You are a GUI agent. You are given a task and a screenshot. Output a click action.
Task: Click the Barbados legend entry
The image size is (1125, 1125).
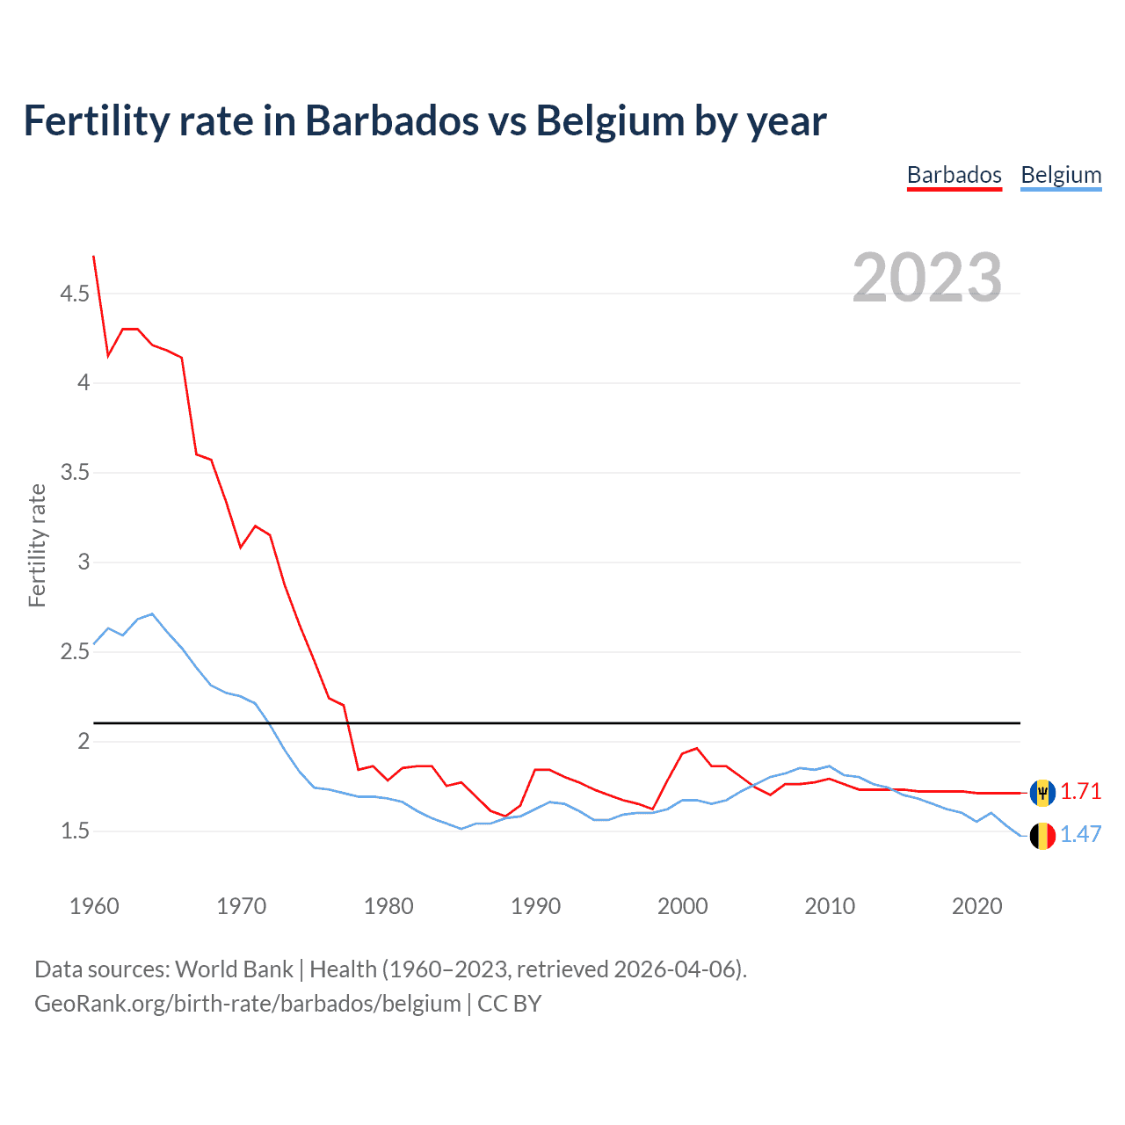(x=954, y=175)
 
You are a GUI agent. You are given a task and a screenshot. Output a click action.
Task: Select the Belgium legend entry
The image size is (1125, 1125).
(x=1061, y=175)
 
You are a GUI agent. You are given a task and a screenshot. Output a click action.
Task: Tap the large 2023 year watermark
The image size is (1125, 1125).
(x=926, y=278)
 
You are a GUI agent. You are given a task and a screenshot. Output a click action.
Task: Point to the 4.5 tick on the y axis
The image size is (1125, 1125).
(x=75, y=294)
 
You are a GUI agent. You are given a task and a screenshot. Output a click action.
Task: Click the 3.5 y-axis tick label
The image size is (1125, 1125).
(x=75, y=473)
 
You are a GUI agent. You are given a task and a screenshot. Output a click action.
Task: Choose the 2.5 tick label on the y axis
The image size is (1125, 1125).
(x=75, y=652)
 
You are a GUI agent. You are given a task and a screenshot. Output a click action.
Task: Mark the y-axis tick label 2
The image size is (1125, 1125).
(x=84, y=742)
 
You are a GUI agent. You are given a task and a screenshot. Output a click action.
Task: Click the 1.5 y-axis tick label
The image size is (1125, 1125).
(x=75, y=831)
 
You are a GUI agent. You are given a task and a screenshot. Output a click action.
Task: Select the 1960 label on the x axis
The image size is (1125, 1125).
(x=94, y=906)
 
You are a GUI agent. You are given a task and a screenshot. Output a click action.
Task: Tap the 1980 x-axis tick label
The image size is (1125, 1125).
(x=388, y=906)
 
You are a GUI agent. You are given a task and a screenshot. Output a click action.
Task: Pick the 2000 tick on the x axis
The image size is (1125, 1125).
(x=683, y=906)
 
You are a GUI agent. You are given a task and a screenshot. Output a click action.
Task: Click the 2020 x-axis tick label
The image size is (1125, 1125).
(x=976, y=906)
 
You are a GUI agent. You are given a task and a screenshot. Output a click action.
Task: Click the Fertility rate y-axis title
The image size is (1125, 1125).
(x=37, y=545)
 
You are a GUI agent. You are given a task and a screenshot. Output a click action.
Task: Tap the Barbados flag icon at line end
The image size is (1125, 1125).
(x=1042, y=792)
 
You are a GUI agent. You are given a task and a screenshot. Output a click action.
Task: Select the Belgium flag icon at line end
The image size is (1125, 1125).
(x=1042, y=835)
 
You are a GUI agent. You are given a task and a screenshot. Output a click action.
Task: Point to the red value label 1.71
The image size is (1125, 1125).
(x=1080, y=791)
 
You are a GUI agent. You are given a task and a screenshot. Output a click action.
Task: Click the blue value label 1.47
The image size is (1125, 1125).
(x=1080, y=834)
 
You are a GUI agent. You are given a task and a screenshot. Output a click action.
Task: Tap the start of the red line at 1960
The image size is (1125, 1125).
(x=94, y=257)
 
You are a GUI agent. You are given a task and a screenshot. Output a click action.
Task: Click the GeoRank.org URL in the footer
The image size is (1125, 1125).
(x=247, y=1004)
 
